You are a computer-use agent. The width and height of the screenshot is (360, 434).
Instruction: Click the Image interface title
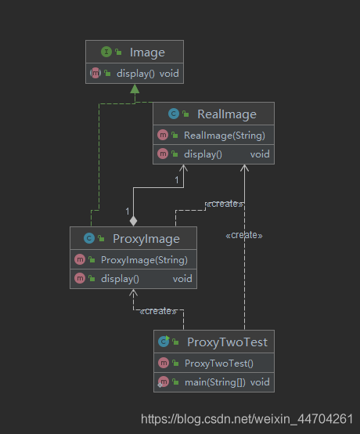pos(147,52)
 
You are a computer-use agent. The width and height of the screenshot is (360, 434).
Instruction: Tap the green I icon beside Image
pos(106,52)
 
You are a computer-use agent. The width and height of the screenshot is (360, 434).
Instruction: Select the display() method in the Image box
pos(135,74)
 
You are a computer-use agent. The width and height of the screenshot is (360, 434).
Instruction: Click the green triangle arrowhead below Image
pos(135,89)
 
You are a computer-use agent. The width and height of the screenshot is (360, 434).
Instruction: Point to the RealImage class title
pos(227,114)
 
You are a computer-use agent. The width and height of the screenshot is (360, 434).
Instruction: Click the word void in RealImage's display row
pos(260,154)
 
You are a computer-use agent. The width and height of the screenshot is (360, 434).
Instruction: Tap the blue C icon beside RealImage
pos(174,114)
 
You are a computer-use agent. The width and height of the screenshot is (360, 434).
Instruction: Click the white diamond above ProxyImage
pos(134,221)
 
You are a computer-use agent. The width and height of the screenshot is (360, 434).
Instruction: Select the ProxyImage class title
pos(146,239)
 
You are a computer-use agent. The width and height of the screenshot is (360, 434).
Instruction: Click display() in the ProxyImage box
pos(120,279)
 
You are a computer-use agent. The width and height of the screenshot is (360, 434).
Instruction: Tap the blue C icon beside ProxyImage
pos(89,238)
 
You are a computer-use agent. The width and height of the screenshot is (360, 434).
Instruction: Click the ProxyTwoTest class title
pos(227,342)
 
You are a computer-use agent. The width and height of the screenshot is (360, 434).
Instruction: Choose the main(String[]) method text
pos(215,382)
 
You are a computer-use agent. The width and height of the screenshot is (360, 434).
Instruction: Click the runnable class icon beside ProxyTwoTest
pos(164,342)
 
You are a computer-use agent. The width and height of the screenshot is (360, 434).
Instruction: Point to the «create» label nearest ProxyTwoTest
pos(158,311)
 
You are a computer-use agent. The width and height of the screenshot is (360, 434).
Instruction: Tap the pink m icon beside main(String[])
pos(163,382)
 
